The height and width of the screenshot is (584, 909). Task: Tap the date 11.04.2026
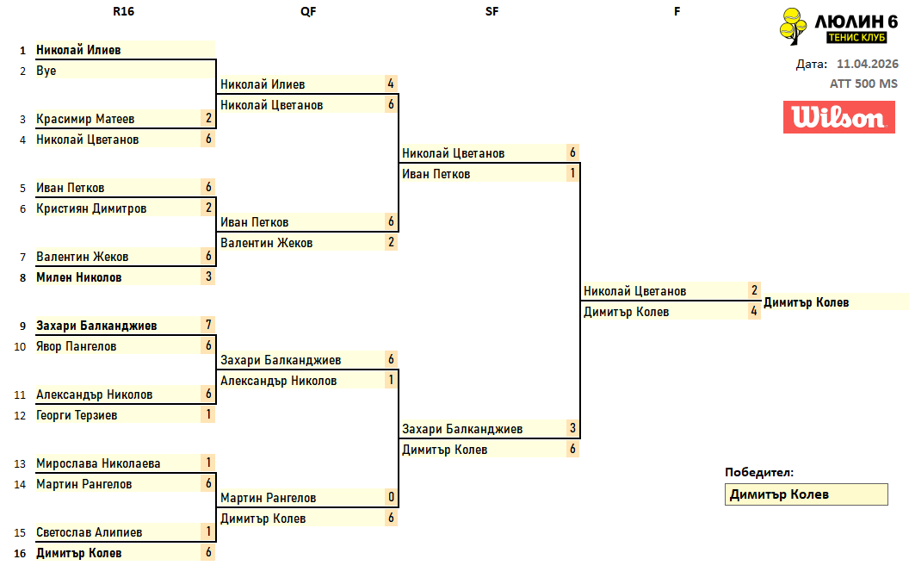(867, 64)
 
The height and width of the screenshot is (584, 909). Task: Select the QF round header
(309, 11)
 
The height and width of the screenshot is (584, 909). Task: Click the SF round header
(492, 11)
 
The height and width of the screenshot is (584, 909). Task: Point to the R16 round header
(123, 11)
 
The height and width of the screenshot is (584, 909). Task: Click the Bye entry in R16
(46, 71)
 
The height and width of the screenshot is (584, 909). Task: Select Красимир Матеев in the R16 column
(85, 119)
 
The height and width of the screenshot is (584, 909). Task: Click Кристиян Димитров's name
(91, 208)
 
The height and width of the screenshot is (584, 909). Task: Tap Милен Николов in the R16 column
(79, 277)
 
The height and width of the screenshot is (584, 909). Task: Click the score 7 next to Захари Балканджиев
(208, 326)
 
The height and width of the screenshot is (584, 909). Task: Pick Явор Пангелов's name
(77, 346)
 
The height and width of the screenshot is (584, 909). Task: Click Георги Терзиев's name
(77, 415)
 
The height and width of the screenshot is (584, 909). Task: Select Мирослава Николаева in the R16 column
(98, 463)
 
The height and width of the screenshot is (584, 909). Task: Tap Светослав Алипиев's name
(90, 532)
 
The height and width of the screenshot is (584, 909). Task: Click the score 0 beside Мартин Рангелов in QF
(391, 498)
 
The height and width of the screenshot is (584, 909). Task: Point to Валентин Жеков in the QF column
(266, 243)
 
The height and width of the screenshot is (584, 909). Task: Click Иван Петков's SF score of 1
(572, 174)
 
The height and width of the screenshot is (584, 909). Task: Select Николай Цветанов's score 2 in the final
(754, 291)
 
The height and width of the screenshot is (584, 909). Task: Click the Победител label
(758, 472)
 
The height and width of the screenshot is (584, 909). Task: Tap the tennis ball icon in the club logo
(791, 26)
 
